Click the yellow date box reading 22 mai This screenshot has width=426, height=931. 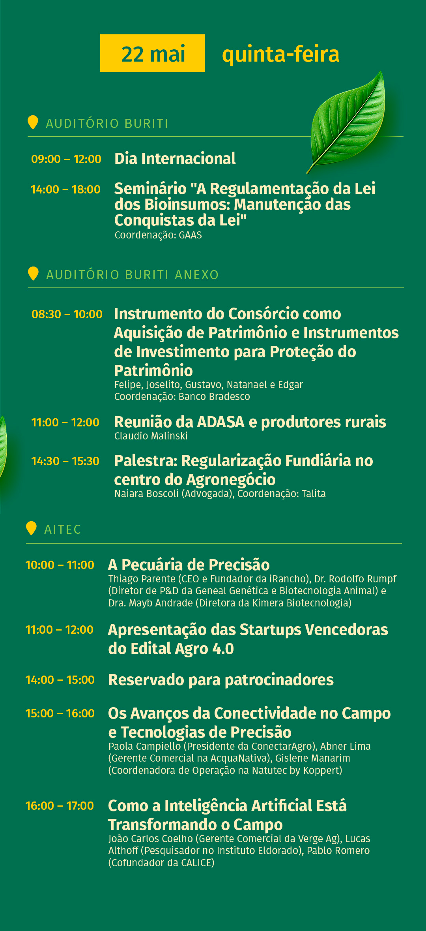click(x=152, y=53)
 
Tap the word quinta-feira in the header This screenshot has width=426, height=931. click(x=280, y=54)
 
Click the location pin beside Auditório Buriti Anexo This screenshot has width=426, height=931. click(x=33, y=273)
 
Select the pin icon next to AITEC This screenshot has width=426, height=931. click(x=31, y=528)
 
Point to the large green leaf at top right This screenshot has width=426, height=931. click(x=347, y=122)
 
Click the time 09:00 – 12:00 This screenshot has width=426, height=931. click(x=66, y=159)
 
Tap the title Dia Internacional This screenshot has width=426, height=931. click(x=175, y=159)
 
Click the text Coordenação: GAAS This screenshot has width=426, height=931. click(x=158, y=235)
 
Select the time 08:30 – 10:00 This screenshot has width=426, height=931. click(x=67, y=314)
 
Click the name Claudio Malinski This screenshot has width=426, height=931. click(x=151, y=436)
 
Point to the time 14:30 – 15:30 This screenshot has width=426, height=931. click(x=65, y=461)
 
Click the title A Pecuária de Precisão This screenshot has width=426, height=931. click(x=189, y=565)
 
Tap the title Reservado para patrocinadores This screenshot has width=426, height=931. click(x=221, y=680)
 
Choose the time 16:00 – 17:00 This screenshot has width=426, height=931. click(x=60, y=806)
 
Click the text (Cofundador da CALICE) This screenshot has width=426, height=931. click(x=161, y=863)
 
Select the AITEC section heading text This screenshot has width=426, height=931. click(x=63, y=529)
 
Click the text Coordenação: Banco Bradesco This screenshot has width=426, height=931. click(x=182, y=396)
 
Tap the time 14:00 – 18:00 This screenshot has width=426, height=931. click(x=65, y=190)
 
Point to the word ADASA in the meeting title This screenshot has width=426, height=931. click(x=221, y=422)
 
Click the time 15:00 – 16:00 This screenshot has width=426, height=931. click(x=60, y=713)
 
